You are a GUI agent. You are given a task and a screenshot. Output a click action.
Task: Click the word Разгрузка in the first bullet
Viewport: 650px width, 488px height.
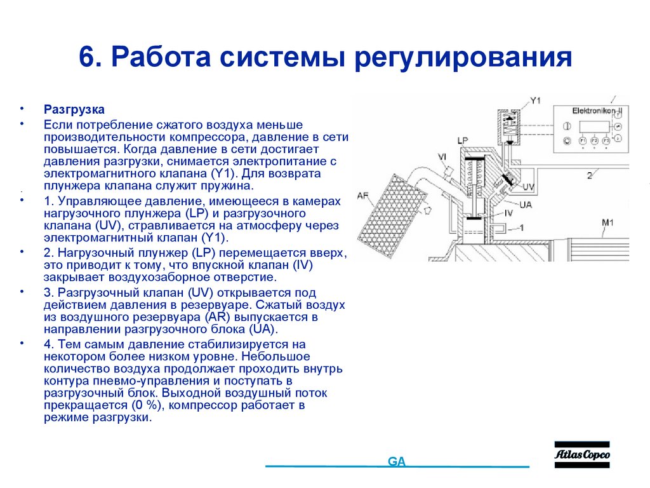point(74,109)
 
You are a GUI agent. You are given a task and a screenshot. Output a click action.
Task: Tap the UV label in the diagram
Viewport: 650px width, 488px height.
point(528,187)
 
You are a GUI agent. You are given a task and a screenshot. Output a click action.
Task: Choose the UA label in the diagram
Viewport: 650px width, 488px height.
point(525,204)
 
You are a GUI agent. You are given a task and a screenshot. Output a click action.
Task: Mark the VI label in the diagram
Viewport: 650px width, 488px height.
point(442,156)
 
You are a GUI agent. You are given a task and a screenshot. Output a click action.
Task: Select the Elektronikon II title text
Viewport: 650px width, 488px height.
point(597,111)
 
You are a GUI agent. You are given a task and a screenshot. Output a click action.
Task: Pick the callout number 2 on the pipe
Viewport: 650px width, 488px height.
point(589,174)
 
